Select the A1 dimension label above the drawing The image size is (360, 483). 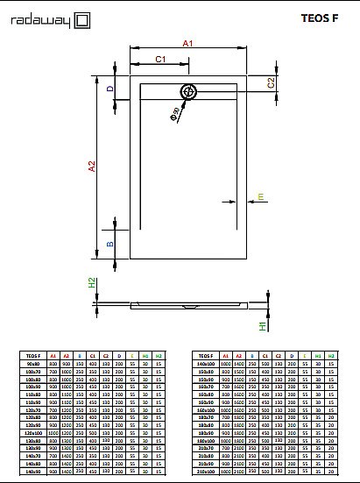[x=187, y=42]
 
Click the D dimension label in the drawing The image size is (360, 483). [x=110, y=89]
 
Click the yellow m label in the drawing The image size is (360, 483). [x=260, y=197]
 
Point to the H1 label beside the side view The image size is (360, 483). [x=262, y=325]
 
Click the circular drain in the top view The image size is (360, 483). [x=188, y=91]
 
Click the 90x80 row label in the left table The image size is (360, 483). [x=33, y=364]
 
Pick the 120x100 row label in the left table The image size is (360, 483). [x=33, y=433]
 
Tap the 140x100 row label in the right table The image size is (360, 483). [x=207, y=364]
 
